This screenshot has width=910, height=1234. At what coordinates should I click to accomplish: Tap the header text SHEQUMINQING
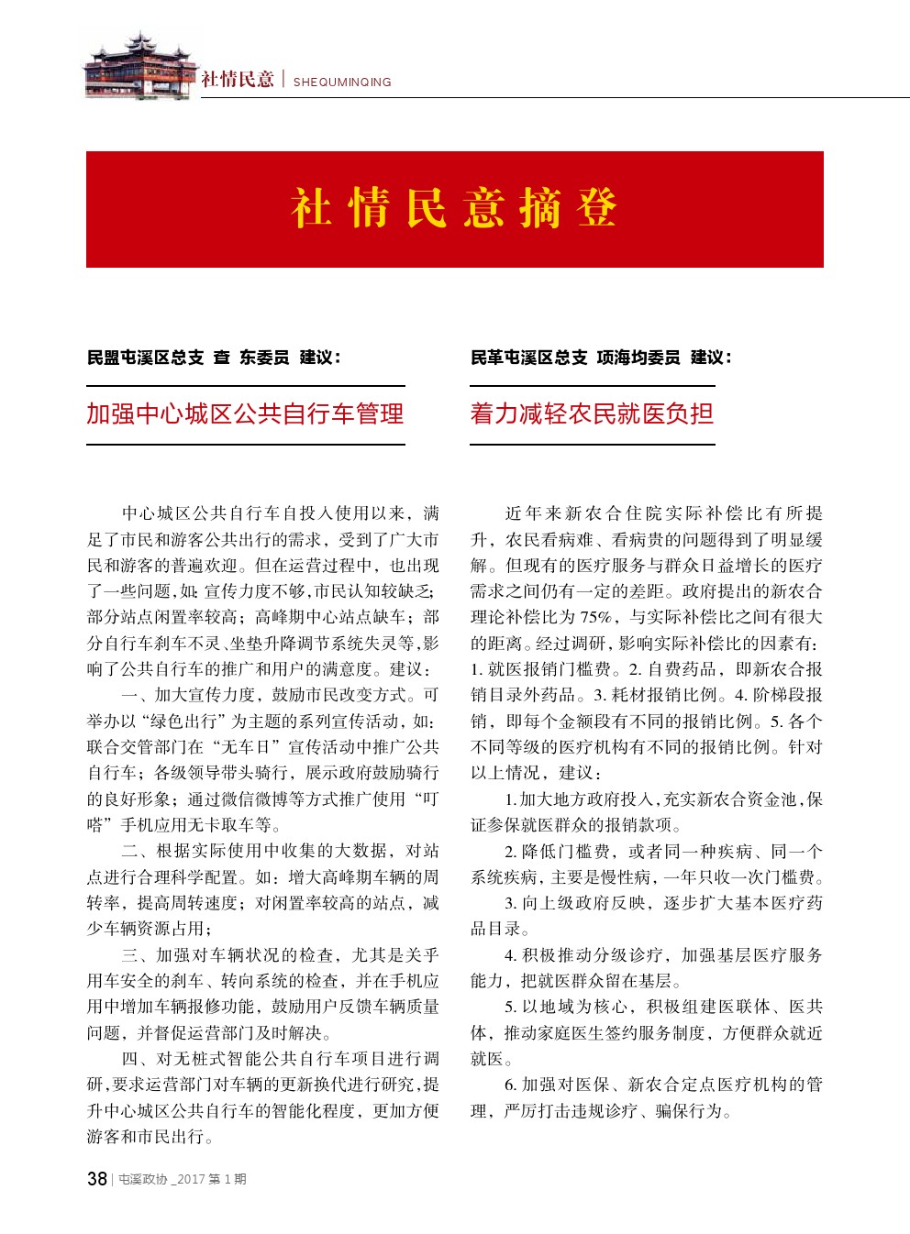pyautogui.click(x=342, y=82)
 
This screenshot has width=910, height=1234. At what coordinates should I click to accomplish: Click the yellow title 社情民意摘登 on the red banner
pyautogui.click(x=454, y=208)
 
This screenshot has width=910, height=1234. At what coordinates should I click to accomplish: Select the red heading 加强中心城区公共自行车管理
pyautogui.click(x=245, y=414)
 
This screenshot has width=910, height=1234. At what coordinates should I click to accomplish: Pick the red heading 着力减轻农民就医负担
pyautogui.click(x=592, y=414)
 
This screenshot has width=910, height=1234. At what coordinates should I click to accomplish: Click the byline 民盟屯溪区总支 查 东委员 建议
pyautogui.click(x=214, y=358)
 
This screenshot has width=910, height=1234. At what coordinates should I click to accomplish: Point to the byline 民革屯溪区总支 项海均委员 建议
pyautogui.click(x=601, y=358)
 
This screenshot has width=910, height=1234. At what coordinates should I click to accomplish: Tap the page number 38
pyautogui.click(x=96, y=1179)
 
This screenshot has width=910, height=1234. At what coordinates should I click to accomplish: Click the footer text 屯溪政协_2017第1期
pyautogui.click(x=183, y=1180)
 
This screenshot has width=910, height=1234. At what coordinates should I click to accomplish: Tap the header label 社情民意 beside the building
pyautogui.click(x=238, y=80)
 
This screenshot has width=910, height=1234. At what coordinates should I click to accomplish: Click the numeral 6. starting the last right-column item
pyautogui.click(x=511, y=1085)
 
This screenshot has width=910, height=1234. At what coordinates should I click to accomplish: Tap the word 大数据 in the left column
pyautogui.click(x=369, y=851)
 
